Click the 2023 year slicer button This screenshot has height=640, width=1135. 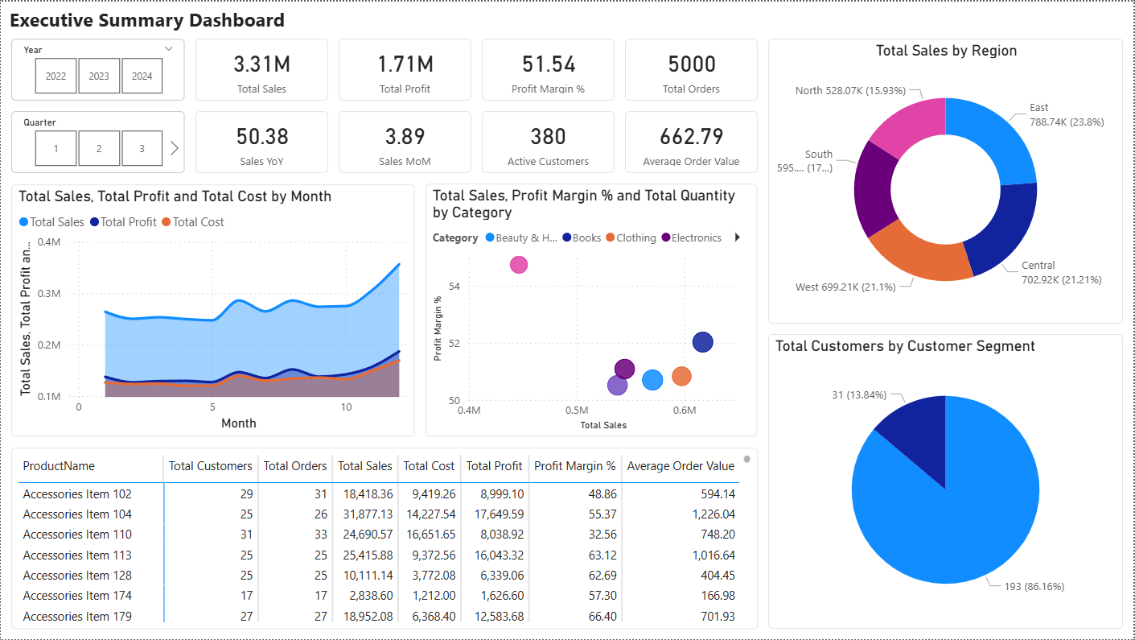(x=99, y=76)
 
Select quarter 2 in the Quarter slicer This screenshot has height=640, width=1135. (x=99, y=149)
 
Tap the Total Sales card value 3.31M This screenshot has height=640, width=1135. (x=261, y=64)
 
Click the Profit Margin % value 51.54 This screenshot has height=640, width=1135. (x=548, y=64)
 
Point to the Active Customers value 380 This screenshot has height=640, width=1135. (x=548, y=137)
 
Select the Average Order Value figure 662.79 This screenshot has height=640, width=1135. (x=691, y=137)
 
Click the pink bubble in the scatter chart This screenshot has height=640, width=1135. (x=519, y=265)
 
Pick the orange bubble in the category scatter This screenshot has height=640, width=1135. (x=681, y=376)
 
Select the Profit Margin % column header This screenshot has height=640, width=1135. (x=574, y=466)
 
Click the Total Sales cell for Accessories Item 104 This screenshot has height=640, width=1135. (x=365, y=514)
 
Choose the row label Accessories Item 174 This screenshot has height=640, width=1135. (x=77, y=596)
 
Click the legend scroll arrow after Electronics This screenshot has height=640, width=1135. (x=738, y=237)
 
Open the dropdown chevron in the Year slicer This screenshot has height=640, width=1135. (x=168, y=49)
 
